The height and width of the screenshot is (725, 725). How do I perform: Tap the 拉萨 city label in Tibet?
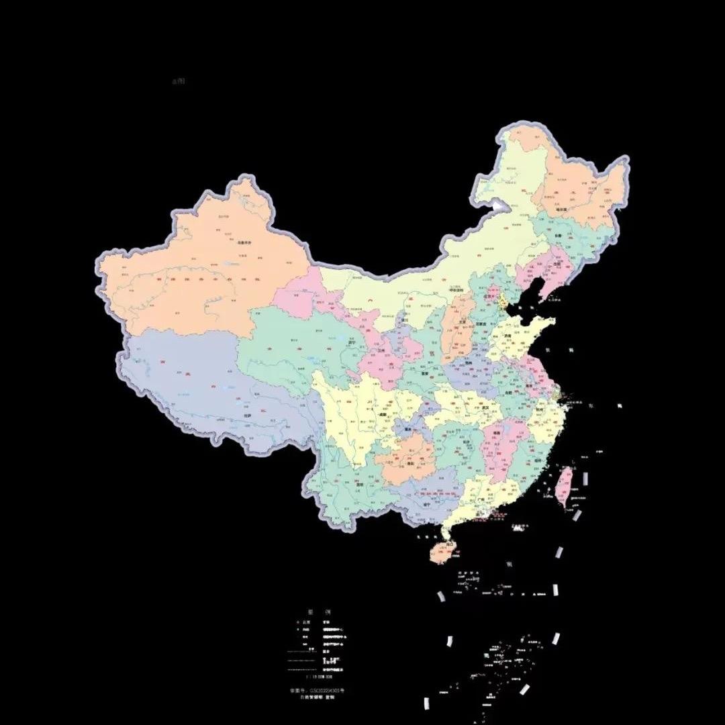click(x=248, y=416)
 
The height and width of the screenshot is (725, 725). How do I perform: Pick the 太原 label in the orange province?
click(x=461, y=321)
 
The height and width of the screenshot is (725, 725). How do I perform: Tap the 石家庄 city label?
click(x=481, y=324)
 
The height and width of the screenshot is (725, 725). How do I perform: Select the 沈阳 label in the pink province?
click(x=555, y=264)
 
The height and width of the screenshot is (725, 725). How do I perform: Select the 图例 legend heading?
click(x=319, y=612)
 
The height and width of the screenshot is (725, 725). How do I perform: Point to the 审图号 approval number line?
click(x=317, y=690)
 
